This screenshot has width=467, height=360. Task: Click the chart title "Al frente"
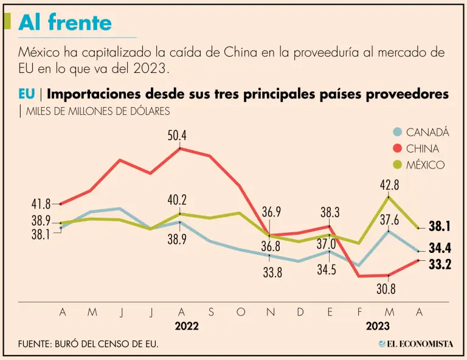tap(65, 22)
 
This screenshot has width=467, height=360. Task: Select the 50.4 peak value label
tap(177, 135)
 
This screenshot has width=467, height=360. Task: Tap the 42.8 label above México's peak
tap(389, 185)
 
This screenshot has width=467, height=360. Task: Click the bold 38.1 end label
tap(439, 227)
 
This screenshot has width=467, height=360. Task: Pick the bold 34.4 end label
tap(439, 248)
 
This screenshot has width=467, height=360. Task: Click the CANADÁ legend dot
tap(398, 132)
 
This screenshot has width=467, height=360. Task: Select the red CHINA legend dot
tap(398, 148)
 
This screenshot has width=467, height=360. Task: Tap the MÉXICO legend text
tap(425, 165)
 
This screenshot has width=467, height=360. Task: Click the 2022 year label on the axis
tap(187, 326)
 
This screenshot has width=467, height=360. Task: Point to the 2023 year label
tap(378, 326)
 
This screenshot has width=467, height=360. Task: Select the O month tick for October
tap(240, 312)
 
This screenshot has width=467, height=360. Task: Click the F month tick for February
tap(360, 312)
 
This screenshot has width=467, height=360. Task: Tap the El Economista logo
tap(416, 344)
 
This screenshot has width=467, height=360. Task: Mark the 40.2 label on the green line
tap(177, 200)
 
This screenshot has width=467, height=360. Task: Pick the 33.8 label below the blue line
tap(272, 273)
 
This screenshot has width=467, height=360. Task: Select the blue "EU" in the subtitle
tap(26, 94)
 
